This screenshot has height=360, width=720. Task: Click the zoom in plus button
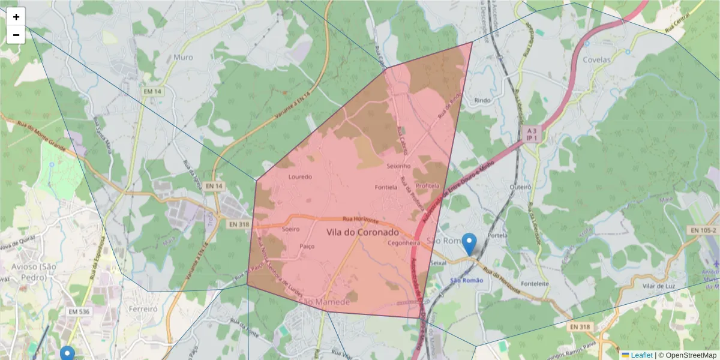click(16, 17)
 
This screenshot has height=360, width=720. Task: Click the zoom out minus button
click(16, 35)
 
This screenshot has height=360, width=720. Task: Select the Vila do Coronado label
click(363, 232)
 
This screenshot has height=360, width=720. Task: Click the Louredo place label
click(300, 177)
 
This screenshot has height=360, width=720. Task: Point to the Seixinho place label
click(398, 166)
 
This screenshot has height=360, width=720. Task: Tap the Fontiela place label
click(386, 187)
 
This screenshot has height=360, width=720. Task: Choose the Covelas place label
click(596, 60)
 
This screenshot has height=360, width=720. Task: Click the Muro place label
click(183, 58)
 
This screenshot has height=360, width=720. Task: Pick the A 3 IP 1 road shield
click(531, 134)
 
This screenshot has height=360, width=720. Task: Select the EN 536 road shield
click(79, 312)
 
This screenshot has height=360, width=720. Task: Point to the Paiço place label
click(307, 246)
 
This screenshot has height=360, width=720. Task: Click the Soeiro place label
click(290, 229)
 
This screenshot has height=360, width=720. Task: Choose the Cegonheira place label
click(403, 244)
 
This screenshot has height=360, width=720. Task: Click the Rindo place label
click(482, 100)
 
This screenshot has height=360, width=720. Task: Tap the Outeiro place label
click(520, 187)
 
